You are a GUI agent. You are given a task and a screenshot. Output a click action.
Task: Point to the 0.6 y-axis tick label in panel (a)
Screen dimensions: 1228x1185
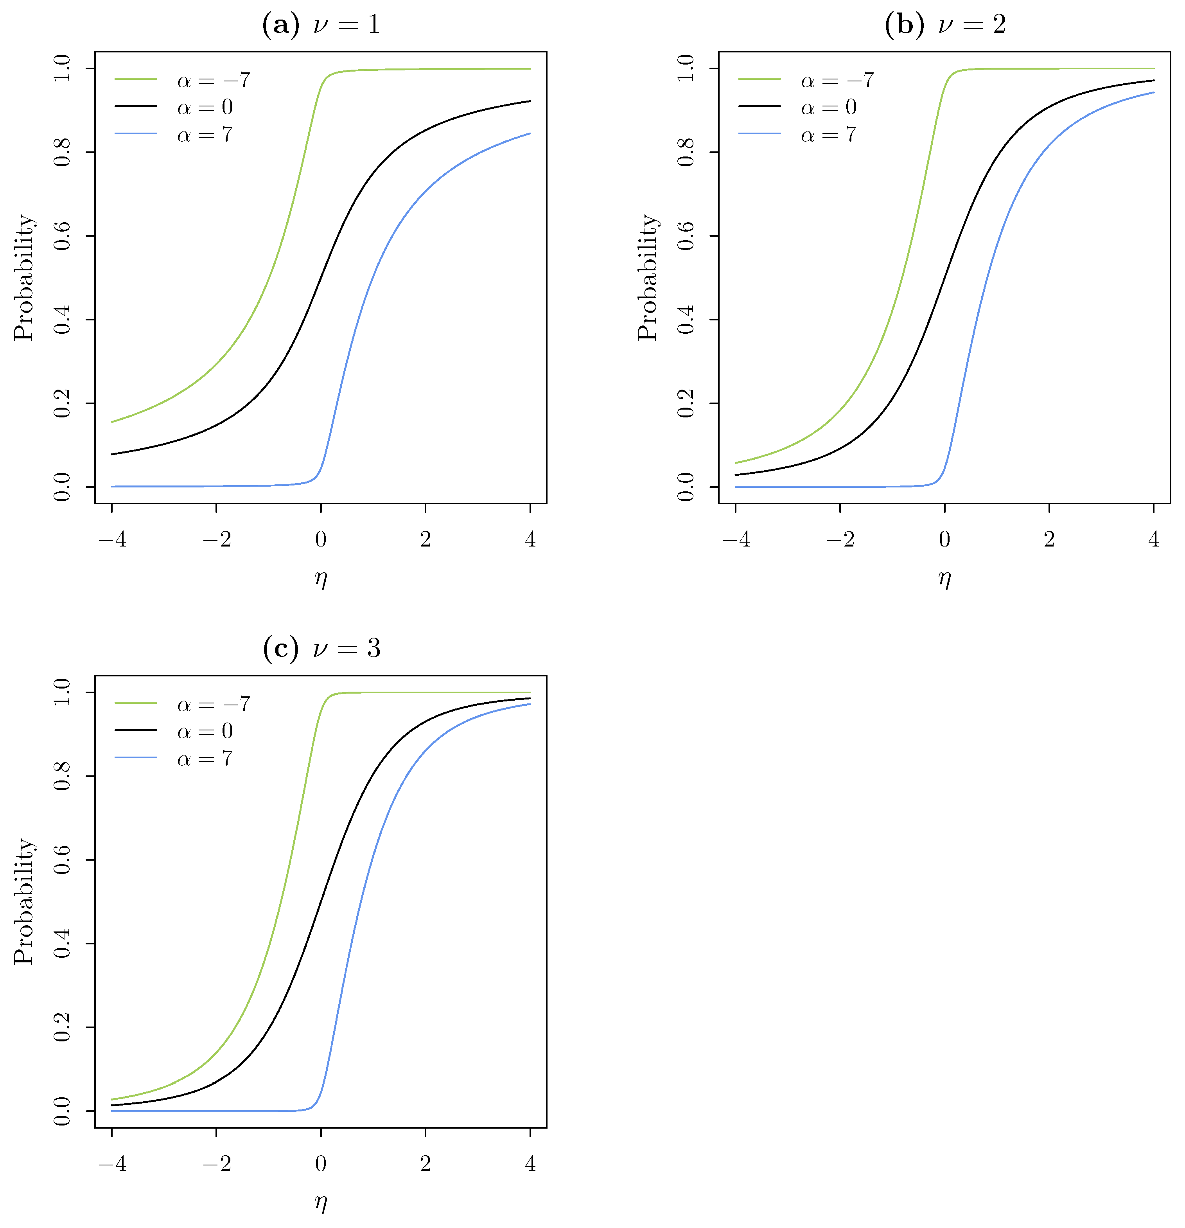(62, 236)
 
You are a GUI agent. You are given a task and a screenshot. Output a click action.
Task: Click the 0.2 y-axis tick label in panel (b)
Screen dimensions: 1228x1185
(686, 403)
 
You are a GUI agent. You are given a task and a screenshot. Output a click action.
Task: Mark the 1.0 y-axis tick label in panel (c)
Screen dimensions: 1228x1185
(62, 693)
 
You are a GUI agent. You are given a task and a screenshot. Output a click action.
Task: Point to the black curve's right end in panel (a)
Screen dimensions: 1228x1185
(530, 101)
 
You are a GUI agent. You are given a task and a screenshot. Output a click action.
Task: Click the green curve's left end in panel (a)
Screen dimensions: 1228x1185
(113, 422)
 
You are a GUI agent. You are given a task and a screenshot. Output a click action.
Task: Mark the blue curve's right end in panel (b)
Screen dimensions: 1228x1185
(1153, 93)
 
